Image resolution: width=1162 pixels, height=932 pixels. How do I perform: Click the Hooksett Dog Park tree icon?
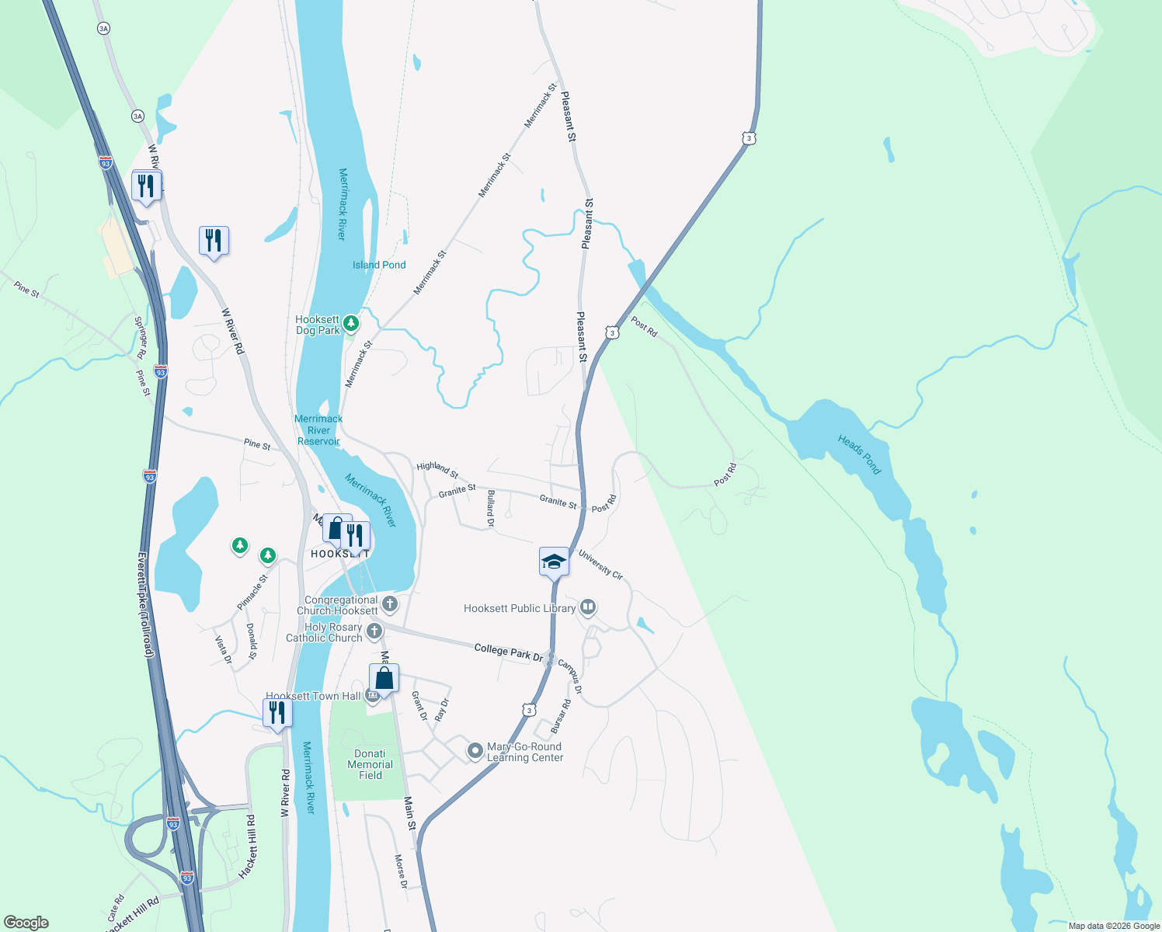click(x=351, y=322)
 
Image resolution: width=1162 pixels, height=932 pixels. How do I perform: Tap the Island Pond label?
click(x=379, y=265)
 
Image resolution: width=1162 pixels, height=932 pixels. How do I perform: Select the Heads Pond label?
click(x=859, y=454)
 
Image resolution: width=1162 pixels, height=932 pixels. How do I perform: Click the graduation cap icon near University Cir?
click(x=554, y=561)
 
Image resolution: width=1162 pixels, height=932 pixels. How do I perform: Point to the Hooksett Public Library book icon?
click(x=588, y=607)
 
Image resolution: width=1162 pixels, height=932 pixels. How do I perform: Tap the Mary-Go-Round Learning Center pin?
click(x=475, y=751)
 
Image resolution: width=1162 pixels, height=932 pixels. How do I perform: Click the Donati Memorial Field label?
click(x=370, y=764)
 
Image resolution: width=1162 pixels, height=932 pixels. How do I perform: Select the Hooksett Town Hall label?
click(x=313, y=696)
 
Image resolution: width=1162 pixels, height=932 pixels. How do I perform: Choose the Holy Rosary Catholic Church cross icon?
click(x=374, y=631)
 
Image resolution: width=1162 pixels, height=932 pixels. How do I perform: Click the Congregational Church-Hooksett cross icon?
click(x=390, y=603)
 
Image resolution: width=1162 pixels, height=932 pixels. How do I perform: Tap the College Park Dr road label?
click(x=509, y=652)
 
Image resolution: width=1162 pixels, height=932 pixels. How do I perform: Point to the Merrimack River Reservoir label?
click(x=318, y=429)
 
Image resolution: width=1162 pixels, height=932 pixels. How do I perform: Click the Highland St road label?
click(x=437, y=469)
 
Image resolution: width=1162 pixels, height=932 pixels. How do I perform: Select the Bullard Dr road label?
click(x=490, y=508)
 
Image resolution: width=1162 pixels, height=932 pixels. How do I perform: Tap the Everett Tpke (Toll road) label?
click(x=146, y=605)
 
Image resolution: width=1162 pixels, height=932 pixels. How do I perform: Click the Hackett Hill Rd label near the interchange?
click(x=247, y=847)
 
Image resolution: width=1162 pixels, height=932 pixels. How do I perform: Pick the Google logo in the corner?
click(x=26, y=923)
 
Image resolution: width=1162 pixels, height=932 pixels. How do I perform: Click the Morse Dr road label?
click(x=400, y=871)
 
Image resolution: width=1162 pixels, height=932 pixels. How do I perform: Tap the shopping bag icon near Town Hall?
click(x=384, y=678)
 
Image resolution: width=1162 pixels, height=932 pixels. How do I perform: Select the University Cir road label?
click(x=600, y=564)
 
